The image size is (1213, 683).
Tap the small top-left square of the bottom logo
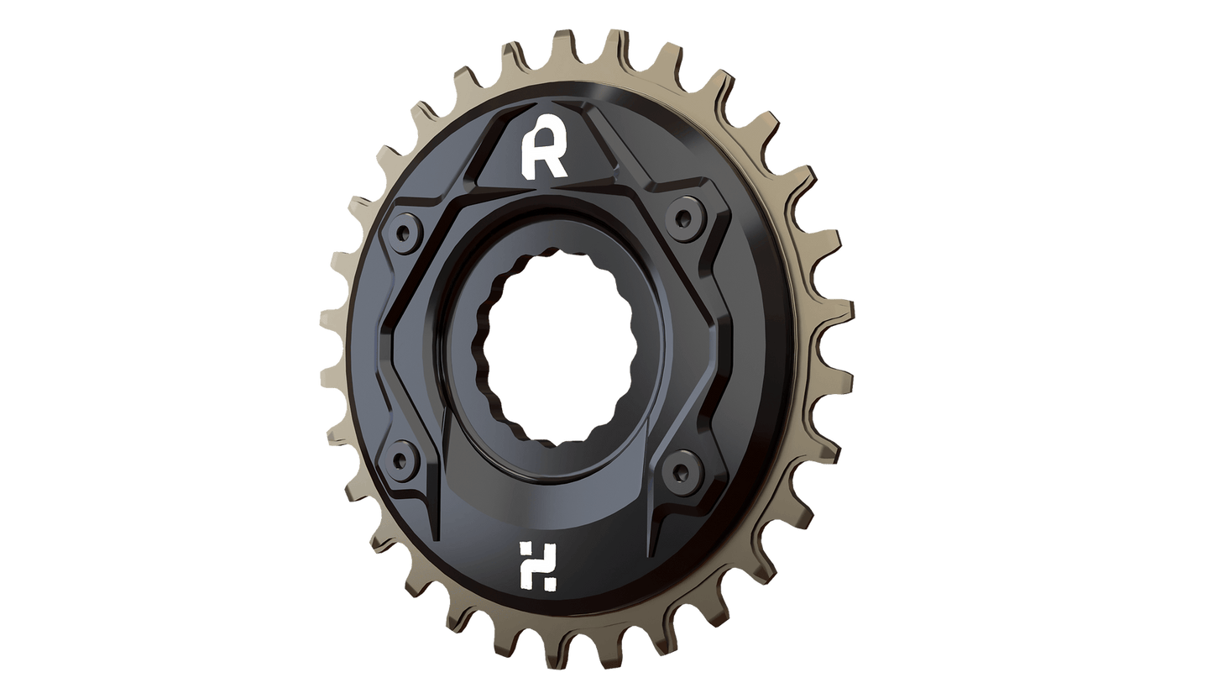coord(525,549)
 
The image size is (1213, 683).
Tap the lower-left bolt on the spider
coord(405,459)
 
